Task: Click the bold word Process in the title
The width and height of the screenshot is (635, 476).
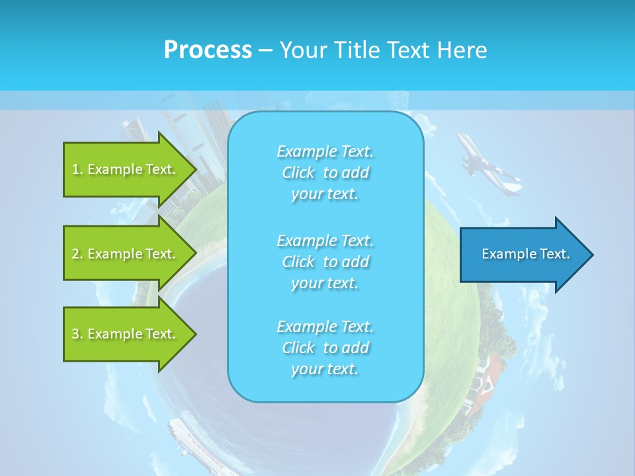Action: tap(208, 50)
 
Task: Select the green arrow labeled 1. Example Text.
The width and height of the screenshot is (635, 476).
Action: tap(126, 169)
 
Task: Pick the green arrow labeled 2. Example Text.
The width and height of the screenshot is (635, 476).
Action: tap(126, 254)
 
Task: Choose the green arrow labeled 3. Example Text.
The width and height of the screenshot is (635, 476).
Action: tap(126, 334)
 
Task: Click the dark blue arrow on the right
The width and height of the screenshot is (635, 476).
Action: tap(523, 254)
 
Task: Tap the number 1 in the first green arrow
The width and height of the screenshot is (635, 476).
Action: tap(75, 169)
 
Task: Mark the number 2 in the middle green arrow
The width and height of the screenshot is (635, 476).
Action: tap(75, 254)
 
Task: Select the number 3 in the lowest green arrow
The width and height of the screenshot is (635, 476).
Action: tap(75, 334)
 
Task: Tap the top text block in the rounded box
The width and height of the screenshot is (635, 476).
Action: tap(325, 173)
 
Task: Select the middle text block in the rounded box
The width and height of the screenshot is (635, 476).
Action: tap(325, 261)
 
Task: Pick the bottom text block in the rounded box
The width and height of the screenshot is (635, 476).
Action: tap(325, 348)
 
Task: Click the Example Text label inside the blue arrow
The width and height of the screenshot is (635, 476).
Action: tap(525, 254)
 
